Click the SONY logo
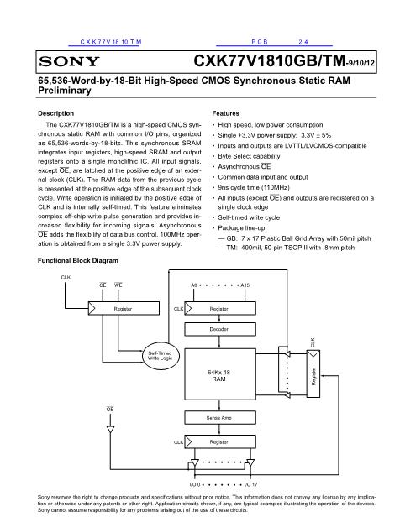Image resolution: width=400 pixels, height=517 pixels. coord(69,61)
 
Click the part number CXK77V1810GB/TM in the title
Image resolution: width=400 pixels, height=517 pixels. coord(269,60)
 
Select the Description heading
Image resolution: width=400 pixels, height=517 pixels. coord(55,113)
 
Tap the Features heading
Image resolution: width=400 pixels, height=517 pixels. coord(226,113)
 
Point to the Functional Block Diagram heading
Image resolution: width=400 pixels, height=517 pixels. coord(78,260)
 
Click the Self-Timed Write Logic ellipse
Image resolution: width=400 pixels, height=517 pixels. coord(161,356)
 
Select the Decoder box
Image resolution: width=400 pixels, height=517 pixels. coord(220,329)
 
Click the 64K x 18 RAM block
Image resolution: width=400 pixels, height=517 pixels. coord(220,374)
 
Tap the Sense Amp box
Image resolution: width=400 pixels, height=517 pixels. coord(220,418)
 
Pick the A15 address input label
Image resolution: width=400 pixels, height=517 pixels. coord(245,285)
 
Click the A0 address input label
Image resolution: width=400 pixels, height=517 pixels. coord(194,285)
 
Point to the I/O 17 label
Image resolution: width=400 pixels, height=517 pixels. coord(250,484)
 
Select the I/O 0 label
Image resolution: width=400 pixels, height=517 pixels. coord(195,484)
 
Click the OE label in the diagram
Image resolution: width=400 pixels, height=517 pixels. coord(110,410)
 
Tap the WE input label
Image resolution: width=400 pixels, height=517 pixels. coord(118,285)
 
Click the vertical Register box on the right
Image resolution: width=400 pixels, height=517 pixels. coord(313,374)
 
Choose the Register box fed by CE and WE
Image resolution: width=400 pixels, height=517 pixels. coord(124,308)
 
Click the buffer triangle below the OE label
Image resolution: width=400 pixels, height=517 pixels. coord(111,430)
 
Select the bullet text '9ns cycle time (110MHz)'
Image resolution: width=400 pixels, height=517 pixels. coord(254,188)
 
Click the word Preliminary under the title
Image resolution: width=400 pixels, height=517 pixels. coord(65,91)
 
